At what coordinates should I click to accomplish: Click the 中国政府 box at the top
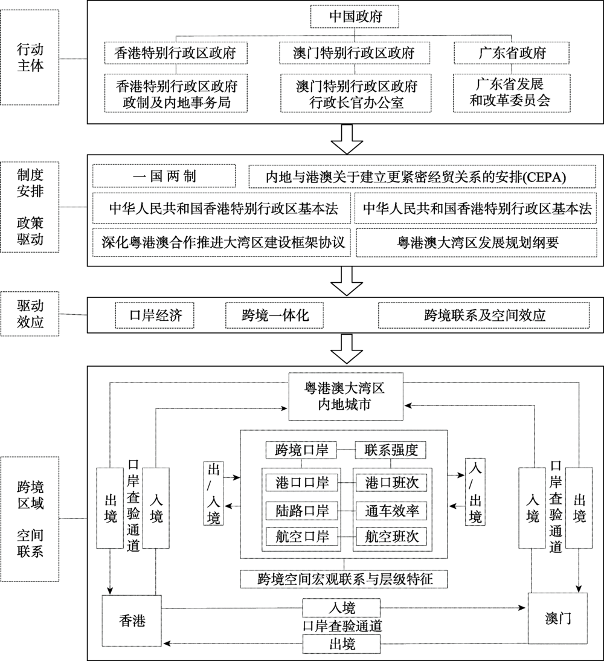pos(355,16)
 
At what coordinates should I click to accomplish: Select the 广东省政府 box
pos(511,53)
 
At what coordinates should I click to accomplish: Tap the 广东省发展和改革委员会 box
pos(511,92)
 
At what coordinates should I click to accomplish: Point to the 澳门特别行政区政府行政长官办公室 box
pos(356,93)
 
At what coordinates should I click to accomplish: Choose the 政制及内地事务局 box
pos(176,93)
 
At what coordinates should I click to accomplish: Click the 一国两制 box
pos(164,176)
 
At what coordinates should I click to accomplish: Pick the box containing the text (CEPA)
pos(422,176)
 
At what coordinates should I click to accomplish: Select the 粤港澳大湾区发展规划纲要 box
pos(477,242)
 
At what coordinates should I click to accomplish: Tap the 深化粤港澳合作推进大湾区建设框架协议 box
pos(222,242)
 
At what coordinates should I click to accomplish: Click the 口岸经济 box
pos(155,315)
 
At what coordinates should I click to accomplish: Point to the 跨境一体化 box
pos(274,315)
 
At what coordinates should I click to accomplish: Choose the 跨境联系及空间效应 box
pos(484,315)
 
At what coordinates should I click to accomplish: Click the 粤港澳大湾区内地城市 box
pos(345,396)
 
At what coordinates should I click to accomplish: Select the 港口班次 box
pos(391,483)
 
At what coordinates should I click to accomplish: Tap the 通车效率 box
pos(391,511)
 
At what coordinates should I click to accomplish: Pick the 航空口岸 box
pos(302,537)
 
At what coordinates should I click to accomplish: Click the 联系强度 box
pos(391,450)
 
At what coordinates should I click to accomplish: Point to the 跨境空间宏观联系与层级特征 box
pos(344,579)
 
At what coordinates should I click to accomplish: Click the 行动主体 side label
pos(30,57)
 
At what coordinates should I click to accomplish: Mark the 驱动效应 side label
pos(30,314)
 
